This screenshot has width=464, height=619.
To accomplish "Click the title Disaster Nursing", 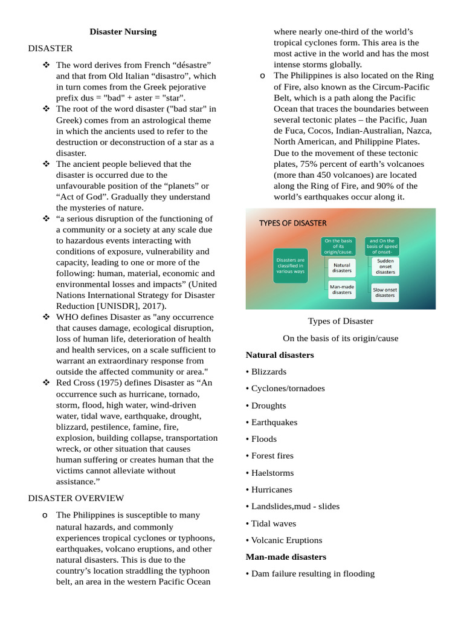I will [x=123, y=31].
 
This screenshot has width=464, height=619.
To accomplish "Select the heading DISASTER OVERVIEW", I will [x=76, y=498].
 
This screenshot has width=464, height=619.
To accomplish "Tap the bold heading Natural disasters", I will [x=280, y=355].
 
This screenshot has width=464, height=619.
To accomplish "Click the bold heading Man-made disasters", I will [x=286, y=557].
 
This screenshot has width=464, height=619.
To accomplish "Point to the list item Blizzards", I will [x=266, y=372].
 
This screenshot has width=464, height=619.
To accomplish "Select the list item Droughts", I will [x=266, y=406].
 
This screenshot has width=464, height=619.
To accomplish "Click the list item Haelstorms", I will [x=270, y=473].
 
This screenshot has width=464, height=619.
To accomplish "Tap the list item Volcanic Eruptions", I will [x=284, y=540].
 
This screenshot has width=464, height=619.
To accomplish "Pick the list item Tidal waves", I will [x=271, y=523].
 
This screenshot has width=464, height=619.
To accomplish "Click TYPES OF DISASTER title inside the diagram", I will [x=293, y=223].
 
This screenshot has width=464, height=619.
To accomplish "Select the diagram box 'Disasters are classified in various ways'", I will [x=290, y=266].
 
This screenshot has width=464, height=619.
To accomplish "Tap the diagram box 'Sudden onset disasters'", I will [x=385, y=267].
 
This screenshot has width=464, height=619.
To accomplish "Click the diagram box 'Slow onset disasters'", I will [x=385, y=293].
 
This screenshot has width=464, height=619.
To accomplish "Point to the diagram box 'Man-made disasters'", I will [x=341, y=289].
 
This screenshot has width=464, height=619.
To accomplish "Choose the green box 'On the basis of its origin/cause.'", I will [x=338, y=246].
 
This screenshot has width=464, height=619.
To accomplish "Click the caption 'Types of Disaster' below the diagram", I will [x=340, y=321].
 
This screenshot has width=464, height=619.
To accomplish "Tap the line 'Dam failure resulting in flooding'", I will [x=310, y=574].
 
